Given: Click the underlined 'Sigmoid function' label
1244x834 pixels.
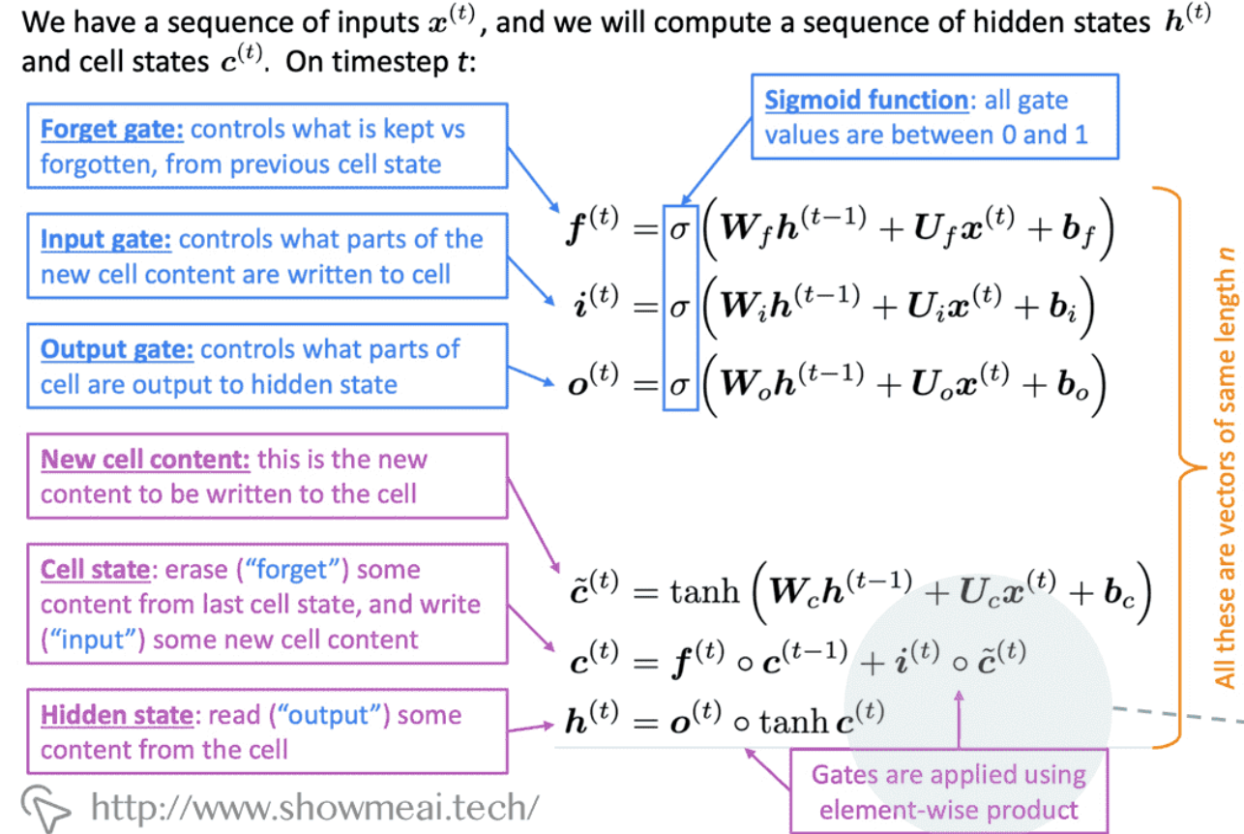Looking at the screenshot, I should (866, 100).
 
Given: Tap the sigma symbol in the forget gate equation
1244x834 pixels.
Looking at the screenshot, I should (679, 234).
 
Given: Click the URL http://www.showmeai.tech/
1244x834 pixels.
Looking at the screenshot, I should (314, 806).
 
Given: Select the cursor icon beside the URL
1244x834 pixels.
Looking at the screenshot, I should (47, 805).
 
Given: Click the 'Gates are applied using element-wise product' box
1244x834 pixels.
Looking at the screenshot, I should (948, 790).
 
